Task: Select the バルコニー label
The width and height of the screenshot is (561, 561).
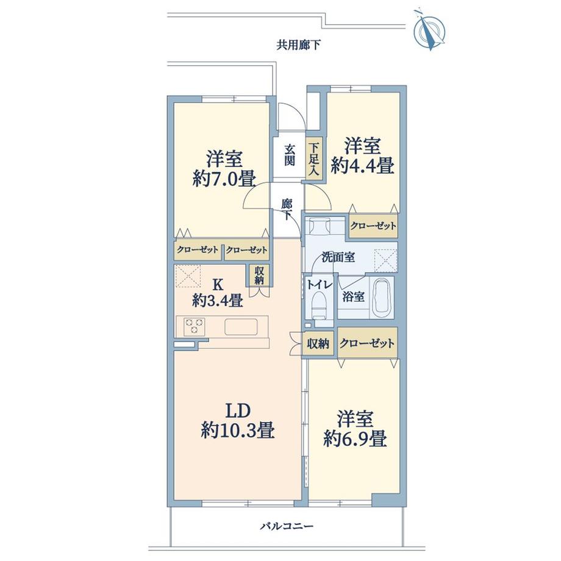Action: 286,525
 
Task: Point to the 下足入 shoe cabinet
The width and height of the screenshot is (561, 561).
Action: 313,160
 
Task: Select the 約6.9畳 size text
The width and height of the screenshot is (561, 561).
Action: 356,438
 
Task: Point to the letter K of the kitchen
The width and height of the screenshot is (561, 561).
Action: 217,284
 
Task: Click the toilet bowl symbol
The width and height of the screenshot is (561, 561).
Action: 318,304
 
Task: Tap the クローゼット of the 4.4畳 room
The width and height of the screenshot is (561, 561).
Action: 373,226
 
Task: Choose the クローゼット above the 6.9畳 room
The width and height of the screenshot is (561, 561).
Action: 367,344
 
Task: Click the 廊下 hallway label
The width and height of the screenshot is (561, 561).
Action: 287,209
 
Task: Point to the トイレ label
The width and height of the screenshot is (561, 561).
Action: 318,284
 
